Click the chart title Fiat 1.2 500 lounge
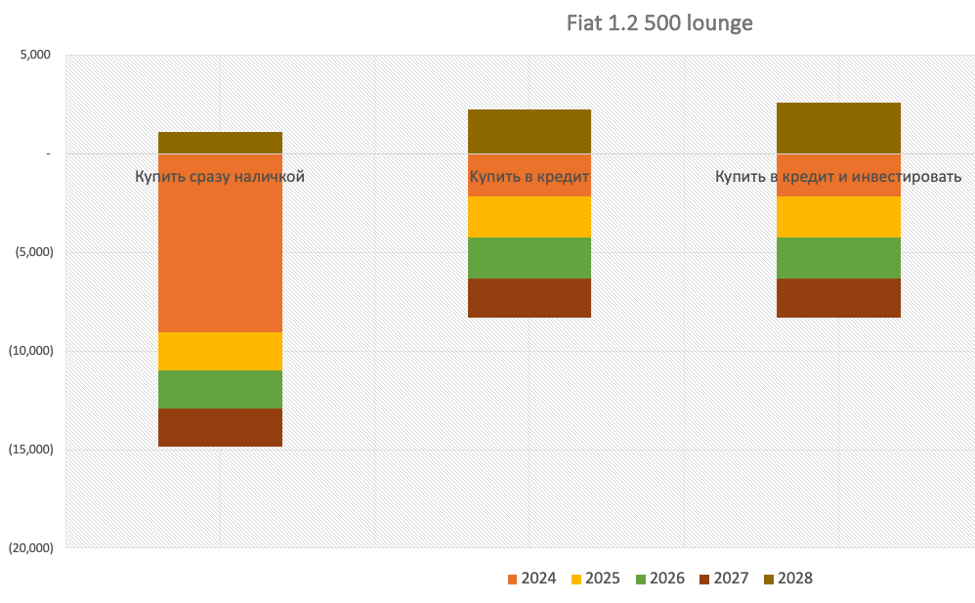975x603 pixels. (x=659, y=22)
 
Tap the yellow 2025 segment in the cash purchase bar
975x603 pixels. (x=220, y=351)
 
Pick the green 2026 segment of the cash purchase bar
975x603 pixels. (x=220, y=389)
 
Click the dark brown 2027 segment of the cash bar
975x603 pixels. (x=220, y=427)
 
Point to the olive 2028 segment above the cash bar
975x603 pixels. (x=220, y=143)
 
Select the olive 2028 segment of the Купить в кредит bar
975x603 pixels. (x=529, y=131)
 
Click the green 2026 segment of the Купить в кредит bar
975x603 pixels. (x=529, y=258)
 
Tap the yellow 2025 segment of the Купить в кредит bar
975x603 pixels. (x=529, y=217)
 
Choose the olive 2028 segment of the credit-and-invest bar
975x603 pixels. (x=838, y=128)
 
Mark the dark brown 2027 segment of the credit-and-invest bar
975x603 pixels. (x=838, y=298)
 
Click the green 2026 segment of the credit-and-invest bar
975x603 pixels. (x=838, y=258)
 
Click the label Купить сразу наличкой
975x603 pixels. (x=220, y=177)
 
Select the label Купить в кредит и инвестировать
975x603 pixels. (x=838, y=177)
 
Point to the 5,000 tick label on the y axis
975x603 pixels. (x=35, y=55)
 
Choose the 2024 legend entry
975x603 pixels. (x=532, y=579)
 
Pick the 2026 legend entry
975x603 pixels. (x=659, y=579)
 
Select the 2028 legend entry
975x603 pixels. (x=787, y=579)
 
